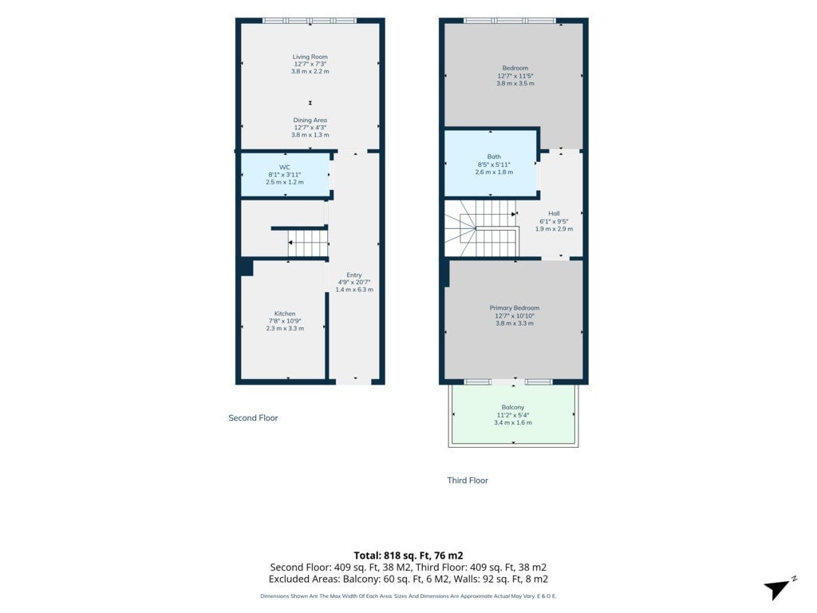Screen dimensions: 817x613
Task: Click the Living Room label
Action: pos(310,57)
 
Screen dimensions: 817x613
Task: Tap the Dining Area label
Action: pos(310,120)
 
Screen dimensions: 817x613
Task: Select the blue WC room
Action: pos(285,175)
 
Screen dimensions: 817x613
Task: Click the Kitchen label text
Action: pos(285,313)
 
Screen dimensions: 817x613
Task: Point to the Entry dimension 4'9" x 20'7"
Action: pos(354,282)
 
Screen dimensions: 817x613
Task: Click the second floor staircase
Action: pos(307,244)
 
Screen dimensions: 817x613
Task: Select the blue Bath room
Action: pos(491,163)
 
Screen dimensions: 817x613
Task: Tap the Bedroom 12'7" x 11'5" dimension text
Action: pos(515,76)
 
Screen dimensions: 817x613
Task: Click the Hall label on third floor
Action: pos(554,213)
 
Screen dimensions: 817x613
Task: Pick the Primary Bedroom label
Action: pos(515,307)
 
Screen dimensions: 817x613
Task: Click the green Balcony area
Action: pos(513,414)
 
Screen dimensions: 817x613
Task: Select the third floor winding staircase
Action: pos(480,229)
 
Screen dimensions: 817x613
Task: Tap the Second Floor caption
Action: pos(253,417)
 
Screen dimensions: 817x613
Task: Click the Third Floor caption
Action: pos(468,480)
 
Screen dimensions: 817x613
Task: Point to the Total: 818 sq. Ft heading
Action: pos(408,556)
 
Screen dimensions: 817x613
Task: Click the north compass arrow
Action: pos(777,588)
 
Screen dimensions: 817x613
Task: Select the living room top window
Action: pos(310,21)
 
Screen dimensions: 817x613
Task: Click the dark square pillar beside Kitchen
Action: pos(247,267)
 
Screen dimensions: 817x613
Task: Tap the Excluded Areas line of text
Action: pos(408,579)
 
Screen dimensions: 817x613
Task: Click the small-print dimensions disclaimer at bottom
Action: pos(408,595)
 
